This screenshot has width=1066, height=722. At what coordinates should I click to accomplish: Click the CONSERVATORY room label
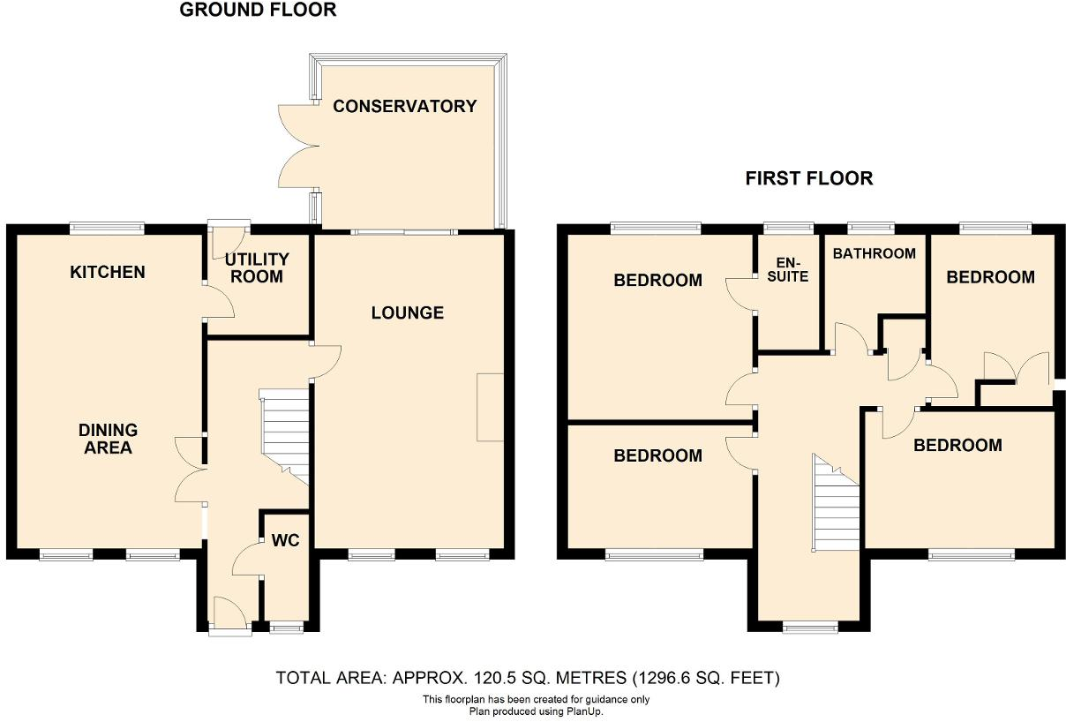[x=404, y=107]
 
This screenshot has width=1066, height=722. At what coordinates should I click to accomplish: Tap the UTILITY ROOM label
[x=256, y=267]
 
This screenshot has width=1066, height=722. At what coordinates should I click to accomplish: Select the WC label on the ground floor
[x=286, y=540]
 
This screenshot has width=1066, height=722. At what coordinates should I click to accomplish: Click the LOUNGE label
[x=407, y=312]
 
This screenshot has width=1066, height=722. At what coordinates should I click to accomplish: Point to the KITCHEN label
[x=107, y=272]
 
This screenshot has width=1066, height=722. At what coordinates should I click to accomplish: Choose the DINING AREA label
[x=108, y=439]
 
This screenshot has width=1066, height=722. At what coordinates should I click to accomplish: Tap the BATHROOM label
[x=874, y=253]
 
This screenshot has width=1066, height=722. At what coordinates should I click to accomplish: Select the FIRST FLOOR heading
[x=808, y=178]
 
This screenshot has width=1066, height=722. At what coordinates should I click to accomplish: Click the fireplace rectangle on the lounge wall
[x=490, y=407]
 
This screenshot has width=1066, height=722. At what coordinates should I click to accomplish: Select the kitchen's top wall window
[x=107, y=227]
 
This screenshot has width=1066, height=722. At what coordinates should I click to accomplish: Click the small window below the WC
[x=284, y=628]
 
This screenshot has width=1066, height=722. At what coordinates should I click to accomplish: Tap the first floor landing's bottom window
[x=810, y=627]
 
